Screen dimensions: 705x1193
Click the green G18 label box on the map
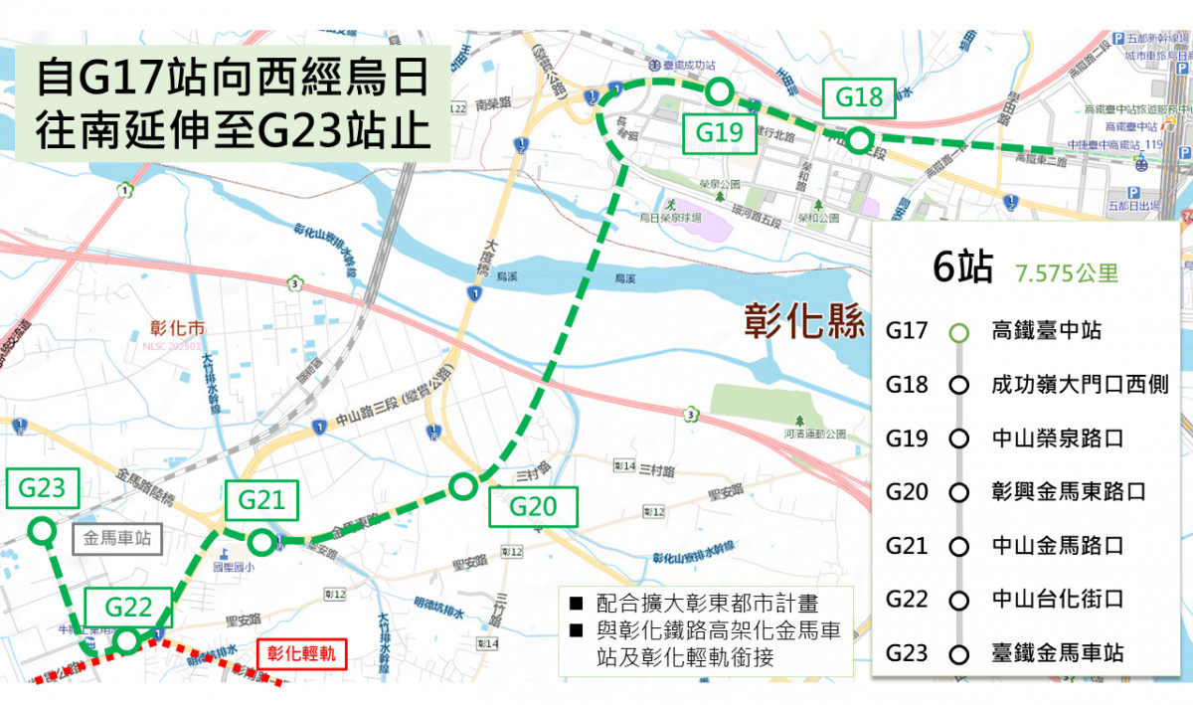tap(859, 97)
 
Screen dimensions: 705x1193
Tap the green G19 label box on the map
tap(720, 132)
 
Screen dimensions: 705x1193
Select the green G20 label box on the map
tap(533, 506)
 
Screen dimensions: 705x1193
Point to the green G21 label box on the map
tap(261, 500)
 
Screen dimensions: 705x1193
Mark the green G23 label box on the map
tap(42, 488)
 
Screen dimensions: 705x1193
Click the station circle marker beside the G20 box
tap(462, 486)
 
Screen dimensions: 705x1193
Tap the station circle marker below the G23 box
tap(41, 531)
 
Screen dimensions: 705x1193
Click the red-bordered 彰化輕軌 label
tap(300, 654)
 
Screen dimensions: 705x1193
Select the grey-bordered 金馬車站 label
tap(117, 540)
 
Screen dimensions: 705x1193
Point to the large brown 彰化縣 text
tap(805, 321)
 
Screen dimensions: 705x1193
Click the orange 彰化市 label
tap(176, 327)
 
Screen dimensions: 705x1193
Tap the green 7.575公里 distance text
tap(1068, 273)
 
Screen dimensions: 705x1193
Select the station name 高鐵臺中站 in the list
tap(1046, 331)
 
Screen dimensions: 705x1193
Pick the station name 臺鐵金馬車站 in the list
tap(1058, 653)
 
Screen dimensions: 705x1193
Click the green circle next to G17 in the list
tap(958, 332)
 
